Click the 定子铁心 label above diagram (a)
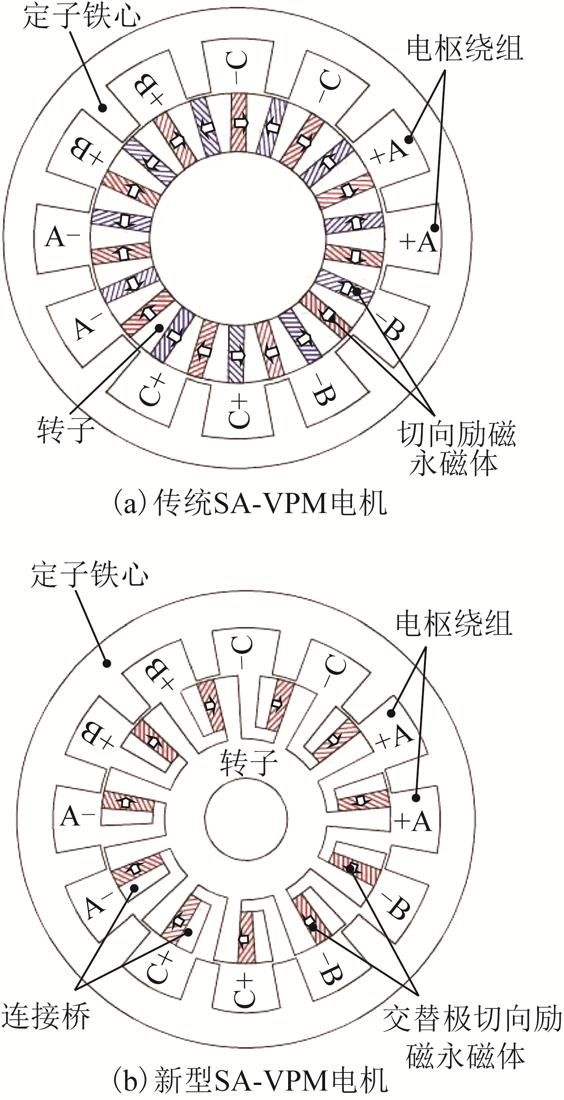coord(82,16)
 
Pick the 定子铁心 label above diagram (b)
coord(89,575)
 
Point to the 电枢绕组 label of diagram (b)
coord(454,624)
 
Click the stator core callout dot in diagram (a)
coord(103,108)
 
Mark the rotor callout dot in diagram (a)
coord(159,327)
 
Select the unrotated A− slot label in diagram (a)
coord(62,237)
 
